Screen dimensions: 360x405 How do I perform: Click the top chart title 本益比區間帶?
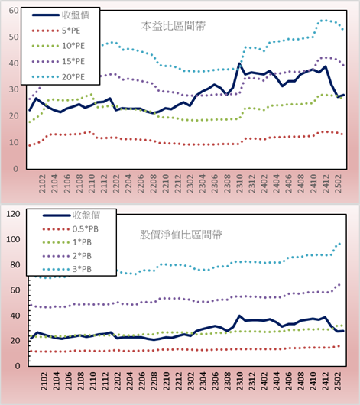tap(174, 26)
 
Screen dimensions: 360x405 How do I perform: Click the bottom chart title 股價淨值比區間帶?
tap(181, 235)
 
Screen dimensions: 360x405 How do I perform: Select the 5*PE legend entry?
tap(56, 31)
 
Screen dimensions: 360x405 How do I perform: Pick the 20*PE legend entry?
tap(58, 77)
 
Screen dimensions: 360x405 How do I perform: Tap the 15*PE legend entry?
tap(58, 61)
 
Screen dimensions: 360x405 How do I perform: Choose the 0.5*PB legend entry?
tap(70, 229)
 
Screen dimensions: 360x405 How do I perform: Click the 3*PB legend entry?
tap(67, 269)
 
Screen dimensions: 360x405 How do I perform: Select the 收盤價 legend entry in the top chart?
tap(60, 15)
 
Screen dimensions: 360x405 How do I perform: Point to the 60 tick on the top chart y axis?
tap(14, 11)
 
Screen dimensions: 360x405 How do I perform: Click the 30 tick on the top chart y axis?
tap(14, 89)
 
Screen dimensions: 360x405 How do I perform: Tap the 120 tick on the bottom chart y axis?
tap(13, 214)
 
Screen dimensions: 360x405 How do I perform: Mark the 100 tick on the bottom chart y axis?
tap(13, 239)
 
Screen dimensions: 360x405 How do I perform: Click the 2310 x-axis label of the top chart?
tap(239, 183)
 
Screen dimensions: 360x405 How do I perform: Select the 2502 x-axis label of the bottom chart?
tap(338, 381)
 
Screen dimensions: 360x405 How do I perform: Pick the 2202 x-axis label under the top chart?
tap(116, 183)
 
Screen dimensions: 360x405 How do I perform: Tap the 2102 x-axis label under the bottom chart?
tap(44, 381)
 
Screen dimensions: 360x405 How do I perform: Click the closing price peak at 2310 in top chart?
tap(239, 63)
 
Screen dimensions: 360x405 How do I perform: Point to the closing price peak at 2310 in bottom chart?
tap(239, 316)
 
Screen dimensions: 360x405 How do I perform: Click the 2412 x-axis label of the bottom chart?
tap(326, 381)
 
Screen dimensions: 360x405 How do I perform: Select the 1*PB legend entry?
tap(67, 242)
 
